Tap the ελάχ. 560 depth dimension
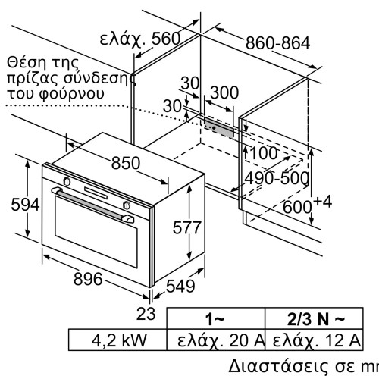click(x=139, y=39)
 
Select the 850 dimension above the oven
click(x=127, y=163)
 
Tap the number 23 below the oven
click(x=148, y=313)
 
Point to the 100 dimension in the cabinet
click(x=264, y=152)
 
